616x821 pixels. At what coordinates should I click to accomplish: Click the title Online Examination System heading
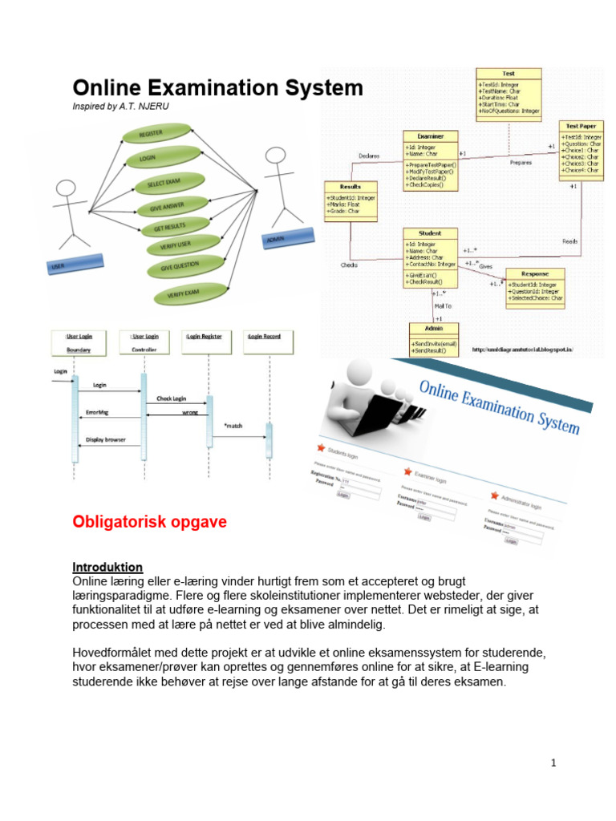[x=217, y=87]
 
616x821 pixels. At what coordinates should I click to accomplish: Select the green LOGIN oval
[x=148, y=158]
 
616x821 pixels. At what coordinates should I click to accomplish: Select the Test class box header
[x=508, y=72]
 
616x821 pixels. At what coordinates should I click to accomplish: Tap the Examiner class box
[x=430, y=160]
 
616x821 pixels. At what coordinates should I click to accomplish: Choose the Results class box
[x=351, y=200]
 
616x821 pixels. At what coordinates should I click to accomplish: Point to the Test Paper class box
[x=580, y=149]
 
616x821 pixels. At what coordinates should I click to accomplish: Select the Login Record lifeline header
[x=264, y=337]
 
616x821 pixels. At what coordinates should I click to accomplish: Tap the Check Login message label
[x=172, y=398]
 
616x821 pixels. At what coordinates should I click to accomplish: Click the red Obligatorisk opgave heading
[x=150, y=523]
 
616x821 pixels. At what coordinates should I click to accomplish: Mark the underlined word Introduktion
[x=107, y=567]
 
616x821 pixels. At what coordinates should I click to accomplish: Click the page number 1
[x=553, y=763]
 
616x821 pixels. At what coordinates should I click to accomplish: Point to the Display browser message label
[x=106, y=439]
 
